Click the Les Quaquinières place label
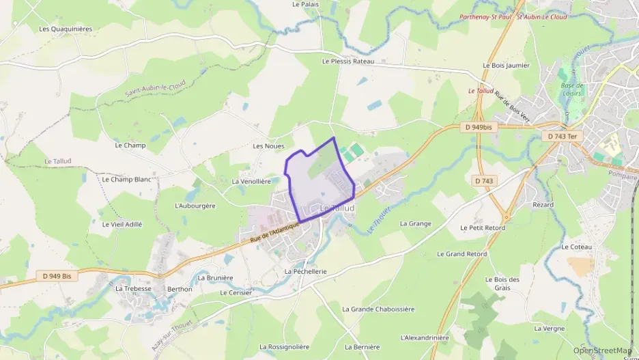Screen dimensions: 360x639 (x=66, y=29)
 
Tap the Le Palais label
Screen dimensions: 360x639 (x=305, y=4)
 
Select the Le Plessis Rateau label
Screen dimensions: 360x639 (x=348, y=61)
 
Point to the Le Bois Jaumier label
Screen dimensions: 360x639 (x=506, y=66)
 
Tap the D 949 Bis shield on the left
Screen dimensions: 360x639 (x=57, y=276)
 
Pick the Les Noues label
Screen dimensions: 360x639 (x=268, y=146)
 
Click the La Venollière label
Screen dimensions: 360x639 (x=251, y=182)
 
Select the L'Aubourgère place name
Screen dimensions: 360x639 (x=195, y=206)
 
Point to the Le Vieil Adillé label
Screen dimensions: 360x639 (x=122, y=224)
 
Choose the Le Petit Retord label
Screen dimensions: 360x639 (x=483, y=227)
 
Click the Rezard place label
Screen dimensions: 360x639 (x=543, y=205)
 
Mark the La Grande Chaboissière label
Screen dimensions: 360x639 (x=378, y=309)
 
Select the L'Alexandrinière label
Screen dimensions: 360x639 (x=425, y=337)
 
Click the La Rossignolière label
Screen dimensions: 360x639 (x=284, y=347)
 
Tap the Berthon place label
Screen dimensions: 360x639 (x=180, y=289)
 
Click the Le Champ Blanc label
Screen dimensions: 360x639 (x=126, y=180)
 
